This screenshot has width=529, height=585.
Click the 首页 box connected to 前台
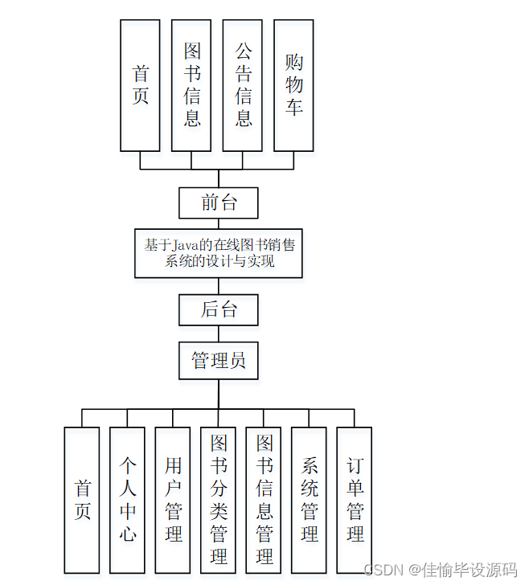(140, 85)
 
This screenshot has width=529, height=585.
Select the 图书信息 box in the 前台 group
(191, 85)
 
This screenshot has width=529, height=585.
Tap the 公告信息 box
(243, 85)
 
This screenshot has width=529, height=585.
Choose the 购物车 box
(293, 85)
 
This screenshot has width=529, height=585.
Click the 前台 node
(219, 202)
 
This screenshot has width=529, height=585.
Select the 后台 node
(219, 309)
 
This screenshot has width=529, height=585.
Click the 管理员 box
(219, 361)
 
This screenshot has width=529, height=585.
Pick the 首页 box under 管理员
(82, 500)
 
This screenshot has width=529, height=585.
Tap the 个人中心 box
(127, 500)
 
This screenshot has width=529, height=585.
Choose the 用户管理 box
(173, 500)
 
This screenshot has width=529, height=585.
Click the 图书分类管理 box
(218, 500)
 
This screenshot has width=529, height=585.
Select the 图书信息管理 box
(264, 500)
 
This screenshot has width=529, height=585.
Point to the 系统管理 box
(309, 500)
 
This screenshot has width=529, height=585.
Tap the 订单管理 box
(355, 500)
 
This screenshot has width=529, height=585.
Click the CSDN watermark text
(382, 570)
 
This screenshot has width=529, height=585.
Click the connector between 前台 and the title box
(219, 223)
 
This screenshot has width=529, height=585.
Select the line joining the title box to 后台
(219, 286)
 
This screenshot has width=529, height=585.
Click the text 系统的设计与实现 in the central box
(219, 262)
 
